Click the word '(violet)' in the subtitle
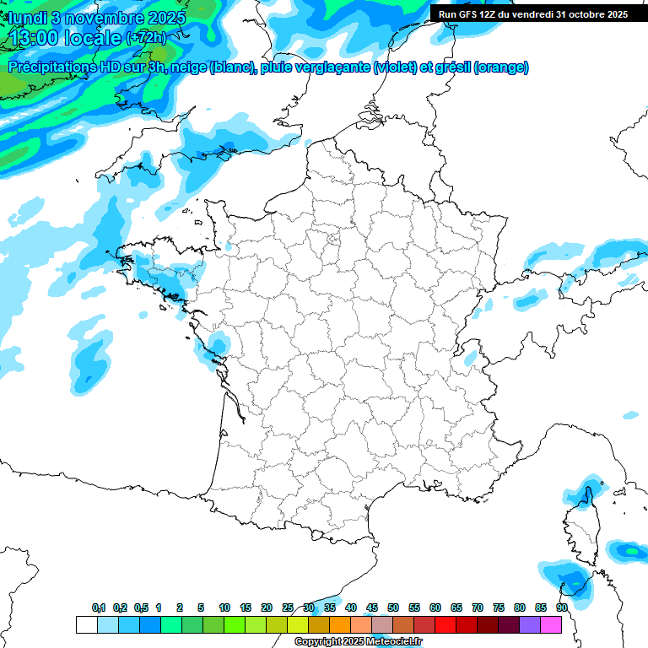pyautogui.click(x=396, y=67)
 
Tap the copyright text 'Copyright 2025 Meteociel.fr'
pyautogui.click(x=358, y=642)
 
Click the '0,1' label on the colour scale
pyautogui.click(x=99, y=607)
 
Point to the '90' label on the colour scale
pyautogui.click(x=561, y=607)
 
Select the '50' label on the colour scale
pyautogui.click(x=393, y=607)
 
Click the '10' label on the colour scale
pyautogui.click(x=224, y=607)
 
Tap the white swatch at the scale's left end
pyautogui.click(x=86, y=625)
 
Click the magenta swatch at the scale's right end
pyautogui.click(x=551, y=625)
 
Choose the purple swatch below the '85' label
pyautogui.click(x=530, y=625)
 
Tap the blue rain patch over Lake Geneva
pyautogui.click(x=470, y=357)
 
